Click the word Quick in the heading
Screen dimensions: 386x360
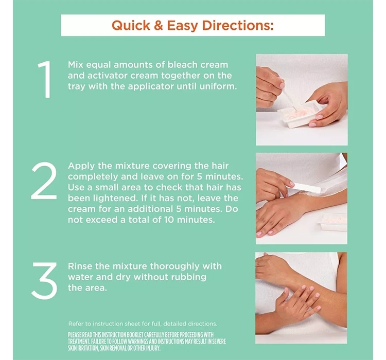tap(131, 26)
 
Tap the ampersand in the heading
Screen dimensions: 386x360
tap(159, 26)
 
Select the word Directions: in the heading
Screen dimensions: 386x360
tap(238, 25)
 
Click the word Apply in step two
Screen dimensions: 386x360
tap(81, 166)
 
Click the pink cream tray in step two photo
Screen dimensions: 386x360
tap(332, 222)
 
